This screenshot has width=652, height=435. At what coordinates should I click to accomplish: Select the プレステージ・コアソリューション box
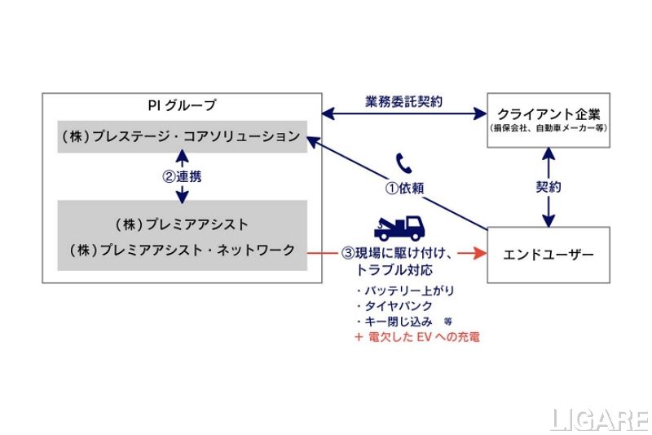click(x=181, y=136)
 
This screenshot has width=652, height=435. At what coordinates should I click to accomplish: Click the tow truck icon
click(x=399, y=227)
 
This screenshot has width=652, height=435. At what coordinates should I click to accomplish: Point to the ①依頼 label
click(x=405, y=187)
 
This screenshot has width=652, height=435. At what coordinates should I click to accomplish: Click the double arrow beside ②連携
click(x=182, y=175)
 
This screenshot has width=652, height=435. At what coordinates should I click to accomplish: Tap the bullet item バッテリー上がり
click(x=400, y=291)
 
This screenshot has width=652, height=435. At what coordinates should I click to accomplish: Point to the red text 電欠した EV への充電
click(x=416, y=335)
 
